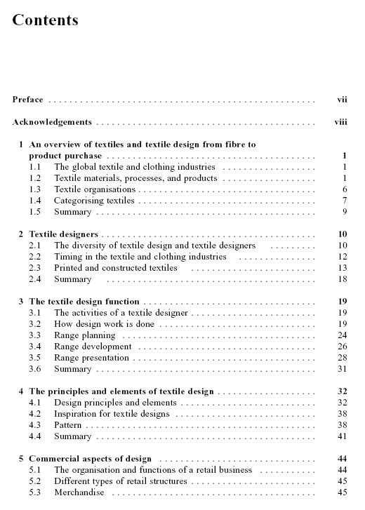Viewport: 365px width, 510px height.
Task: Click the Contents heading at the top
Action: click(x=45, y=20)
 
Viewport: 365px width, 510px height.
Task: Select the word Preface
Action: click(x=27, y=100)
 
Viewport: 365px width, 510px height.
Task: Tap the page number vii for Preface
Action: click(x=342, y=100)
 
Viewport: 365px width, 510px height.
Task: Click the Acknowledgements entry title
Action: click(x=52, y=122)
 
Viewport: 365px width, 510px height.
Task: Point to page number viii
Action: click(x=340, y=122)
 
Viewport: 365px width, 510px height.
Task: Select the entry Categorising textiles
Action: click(x=94, y=201)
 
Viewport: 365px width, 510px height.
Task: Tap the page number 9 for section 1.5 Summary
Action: click(x=345, y=212)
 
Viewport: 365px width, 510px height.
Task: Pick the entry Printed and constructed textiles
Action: click(x=115, y=268)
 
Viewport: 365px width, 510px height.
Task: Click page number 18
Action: click(x=343, y=279)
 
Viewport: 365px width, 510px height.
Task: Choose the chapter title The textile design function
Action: click(x=84, y=302)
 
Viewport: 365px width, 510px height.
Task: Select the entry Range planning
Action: click(x=84, y=335)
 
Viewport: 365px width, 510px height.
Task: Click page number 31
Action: click(x=343, y=369)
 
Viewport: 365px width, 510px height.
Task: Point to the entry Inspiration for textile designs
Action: click(x=112, y=414)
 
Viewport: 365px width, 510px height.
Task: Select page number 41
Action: click(x=343, y=436)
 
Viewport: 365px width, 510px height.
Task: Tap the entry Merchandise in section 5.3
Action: click(x=79, y=492)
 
